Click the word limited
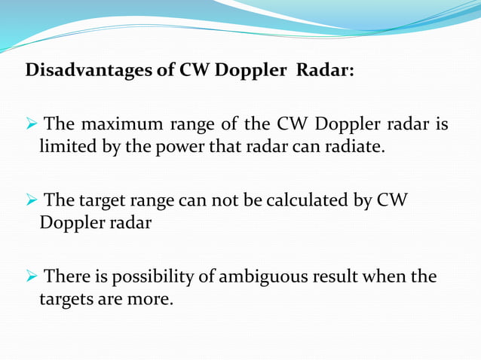(65, 145)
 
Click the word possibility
(154, 277)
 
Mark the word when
(388, 276)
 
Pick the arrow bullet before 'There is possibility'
(32, 277)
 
